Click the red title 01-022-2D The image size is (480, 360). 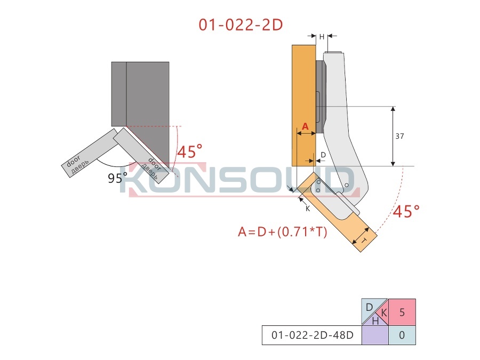241,25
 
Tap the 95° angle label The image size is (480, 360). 117,178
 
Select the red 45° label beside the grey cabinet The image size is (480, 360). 190,151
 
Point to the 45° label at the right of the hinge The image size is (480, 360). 406,211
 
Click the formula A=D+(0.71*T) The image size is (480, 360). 283,232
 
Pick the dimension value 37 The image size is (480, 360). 399,136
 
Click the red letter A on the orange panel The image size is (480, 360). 305,126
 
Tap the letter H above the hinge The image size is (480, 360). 322,37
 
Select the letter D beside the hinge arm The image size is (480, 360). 323,155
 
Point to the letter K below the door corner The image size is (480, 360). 308,209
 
